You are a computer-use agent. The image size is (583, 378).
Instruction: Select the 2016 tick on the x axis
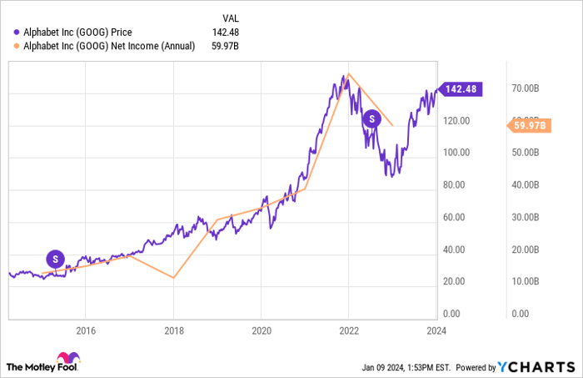(x=86, y=330)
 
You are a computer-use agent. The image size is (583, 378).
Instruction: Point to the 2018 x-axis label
(x=173, y=330)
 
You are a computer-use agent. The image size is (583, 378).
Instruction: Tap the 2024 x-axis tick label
(x=435, y=330)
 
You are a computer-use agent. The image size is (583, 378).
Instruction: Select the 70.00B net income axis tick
(x=529, y=88)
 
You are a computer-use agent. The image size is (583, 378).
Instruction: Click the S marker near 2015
(x=55, y=259)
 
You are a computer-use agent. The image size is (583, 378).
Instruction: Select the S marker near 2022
(x=371, y=120)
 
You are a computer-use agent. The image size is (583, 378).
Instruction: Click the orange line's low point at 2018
(x=173, y=278)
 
